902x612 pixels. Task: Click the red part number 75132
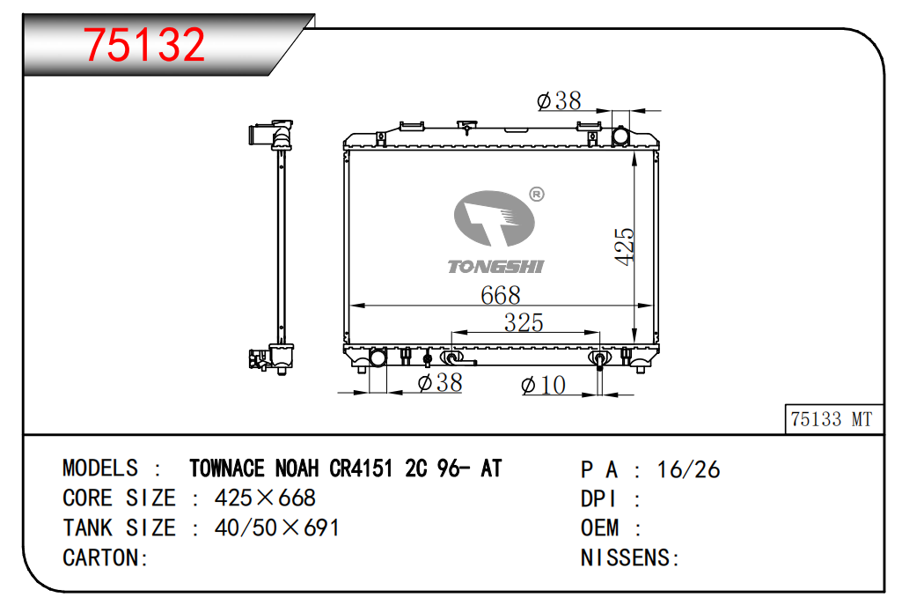click(x=144, y=44)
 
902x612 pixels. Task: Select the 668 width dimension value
click(x=501, y=295)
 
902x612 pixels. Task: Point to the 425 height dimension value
click(x=624, y=247)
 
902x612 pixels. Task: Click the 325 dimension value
click(x=524, y=322)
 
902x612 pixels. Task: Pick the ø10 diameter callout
click(x=544, y=385)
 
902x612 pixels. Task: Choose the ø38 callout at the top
click(x=559, y=100)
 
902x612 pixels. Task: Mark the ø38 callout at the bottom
click(x=440, y=383)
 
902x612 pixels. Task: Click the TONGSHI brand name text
click(x=495, y=267)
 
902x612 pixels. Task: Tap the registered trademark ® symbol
click(x=537, y=195)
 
